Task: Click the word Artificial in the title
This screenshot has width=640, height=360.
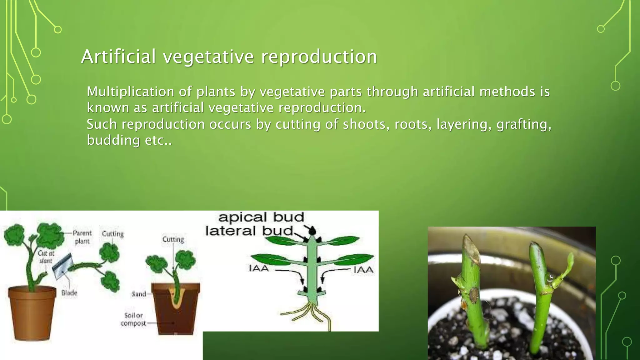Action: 118,57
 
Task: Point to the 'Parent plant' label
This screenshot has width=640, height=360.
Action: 82,237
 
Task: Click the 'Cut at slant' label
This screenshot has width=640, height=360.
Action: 46,257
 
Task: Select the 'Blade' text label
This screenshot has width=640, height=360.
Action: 69,293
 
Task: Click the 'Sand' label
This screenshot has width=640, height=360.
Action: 139,294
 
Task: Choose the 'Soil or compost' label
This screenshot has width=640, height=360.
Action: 133,319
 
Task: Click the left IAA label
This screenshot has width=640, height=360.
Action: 259,268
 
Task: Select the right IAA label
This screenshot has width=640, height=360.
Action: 363,270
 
